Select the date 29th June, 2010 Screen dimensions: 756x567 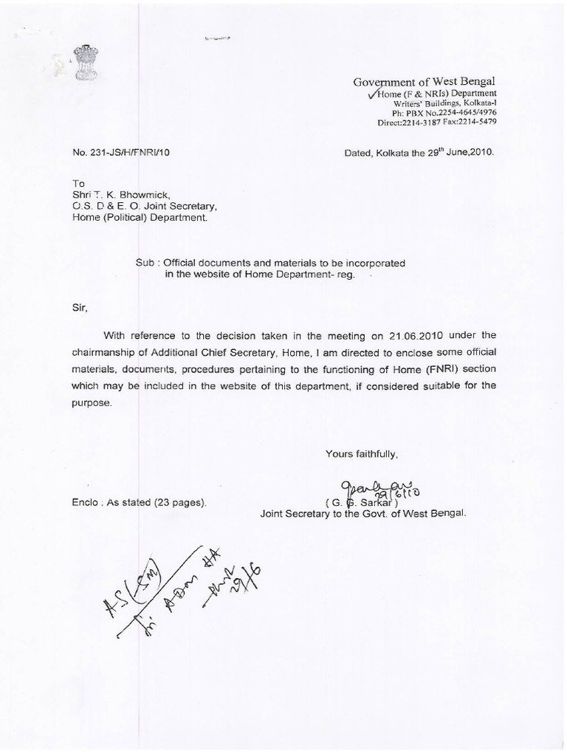point(457,153)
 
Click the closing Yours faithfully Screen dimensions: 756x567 point(361,453)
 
